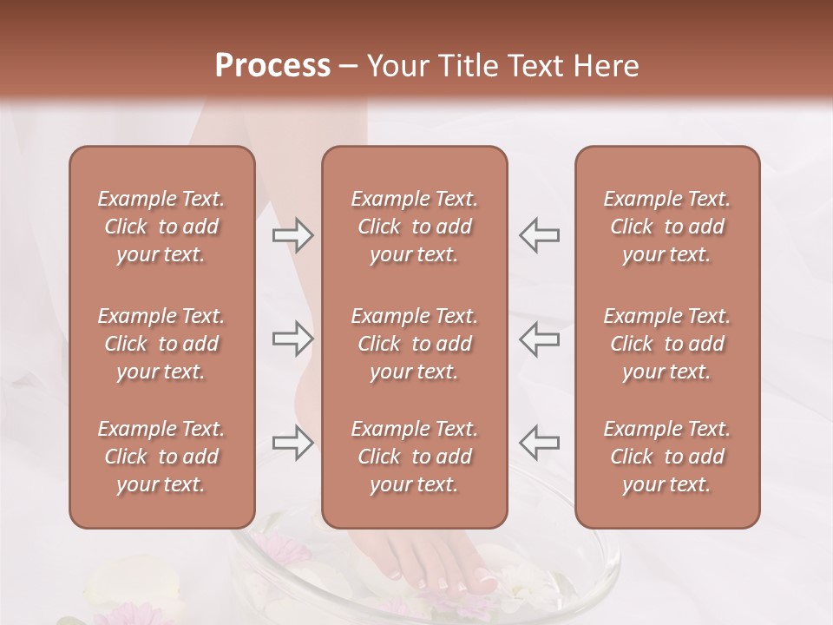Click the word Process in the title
pos(272,66)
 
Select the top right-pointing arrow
pos(292,235)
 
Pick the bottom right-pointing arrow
pos(292,442)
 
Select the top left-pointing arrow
pos(539,235)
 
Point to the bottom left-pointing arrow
pos(539,442)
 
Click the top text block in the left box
pos(161,227)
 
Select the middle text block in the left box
pos(161,344)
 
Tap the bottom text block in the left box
pos(161,457)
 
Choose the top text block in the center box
pos(414,227)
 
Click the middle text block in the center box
pos(414,344)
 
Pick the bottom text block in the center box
pos(414,457)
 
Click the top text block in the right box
pos(666,227)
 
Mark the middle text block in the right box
pos(666,344)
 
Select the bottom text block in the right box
pos(666,457)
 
